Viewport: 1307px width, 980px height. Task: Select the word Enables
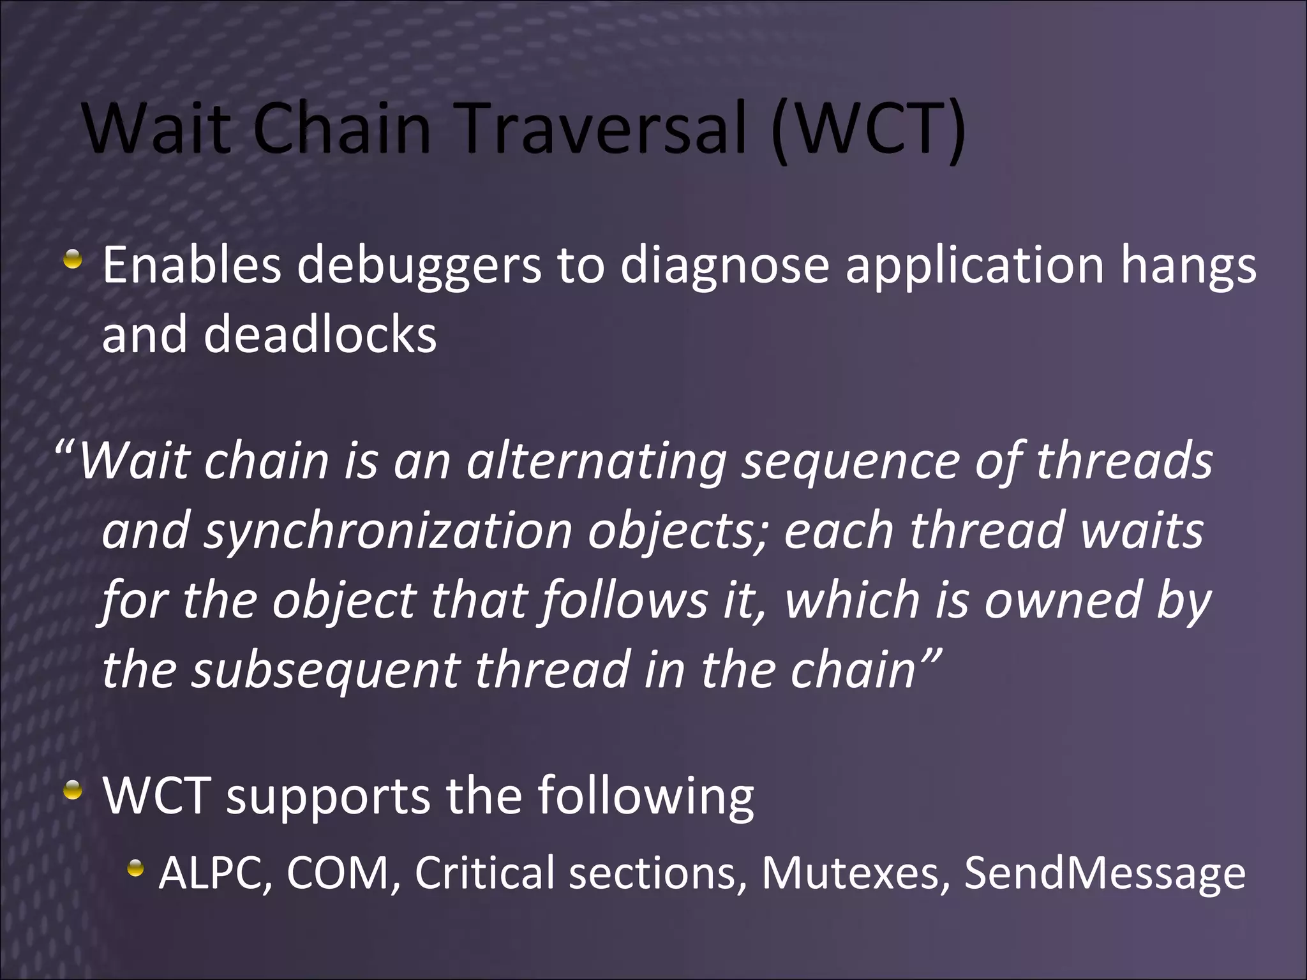[x=191, y=265]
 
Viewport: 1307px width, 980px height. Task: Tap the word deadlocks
[x=320, y=334]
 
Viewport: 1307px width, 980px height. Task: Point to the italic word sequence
[x=849, y=462]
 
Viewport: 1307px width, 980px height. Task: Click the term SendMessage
[x=1104, y=872]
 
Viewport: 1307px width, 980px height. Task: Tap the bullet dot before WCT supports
[x=73, y=791]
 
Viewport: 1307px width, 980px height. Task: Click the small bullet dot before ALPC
[x=135, y=868]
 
